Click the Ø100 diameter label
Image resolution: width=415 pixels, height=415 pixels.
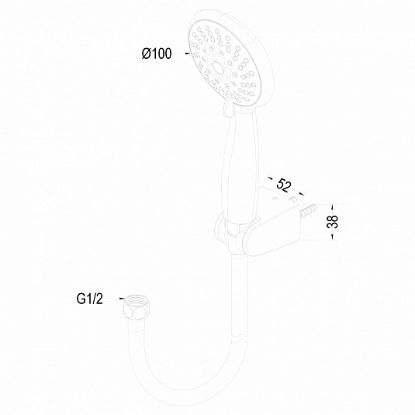157,54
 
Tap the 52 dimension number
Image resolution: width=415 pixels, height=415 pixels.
283,185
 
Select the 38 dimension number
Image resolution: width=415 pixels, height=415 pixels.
333,222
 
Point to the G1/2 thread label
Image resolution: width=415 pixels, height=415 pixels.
89,299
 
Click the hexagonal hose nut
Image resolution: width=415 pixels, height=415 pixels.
137,308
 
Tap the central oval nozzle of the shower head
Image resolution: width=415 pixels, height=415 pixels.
218,67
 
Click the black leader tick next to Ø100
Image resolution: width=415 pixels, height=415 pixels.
188,54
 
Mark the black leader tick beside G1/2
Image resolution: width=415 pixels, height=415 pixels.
121,299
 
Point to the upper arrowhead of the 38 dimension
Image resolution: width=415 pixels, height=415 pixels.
333,206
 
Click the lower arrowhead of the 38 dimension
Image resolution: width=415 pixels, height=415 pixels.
333,237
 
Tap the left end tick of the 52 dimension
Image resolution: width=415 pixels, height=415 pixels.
271,178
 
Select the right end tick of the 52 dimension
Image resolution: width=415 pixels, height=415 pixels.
302,194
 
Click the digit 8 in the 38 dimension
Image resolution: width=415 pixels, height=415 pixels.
333,218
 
